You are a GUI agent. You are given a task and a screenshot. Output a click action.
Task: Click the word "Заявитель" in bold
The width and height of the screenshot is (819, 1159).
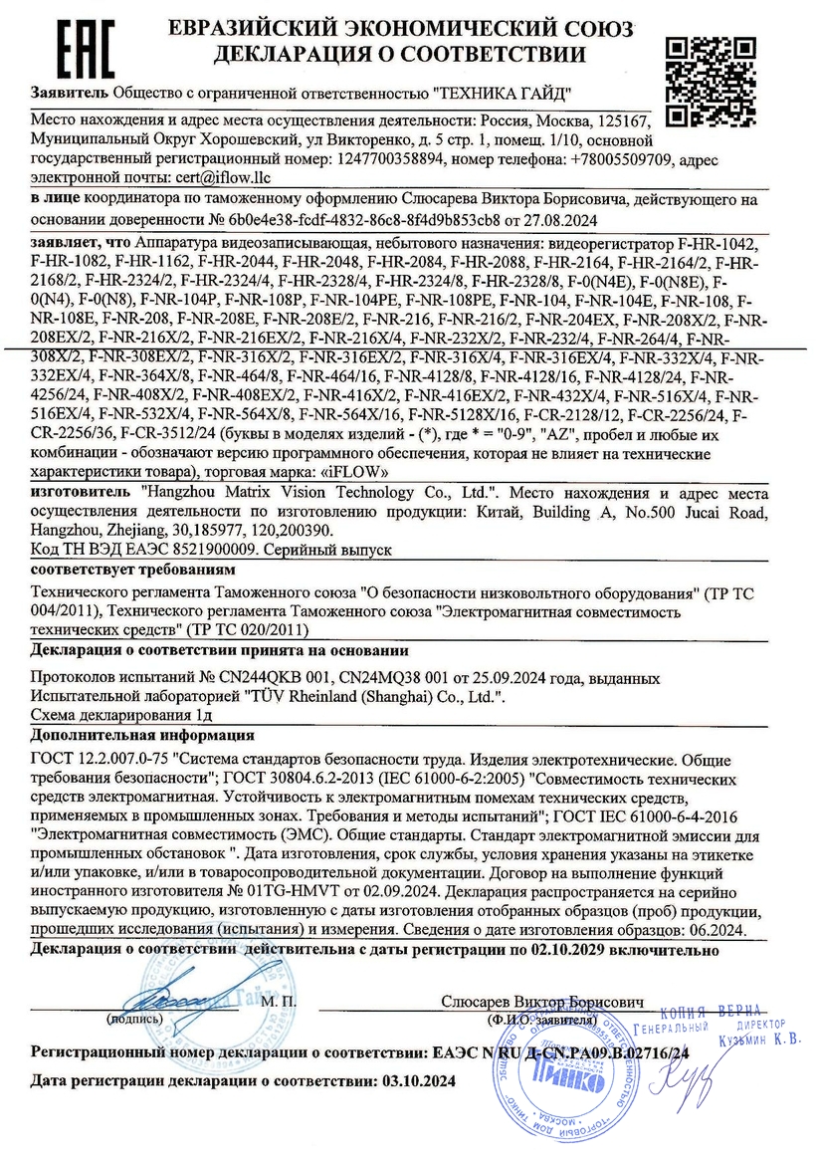click(x=71, y=94)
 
